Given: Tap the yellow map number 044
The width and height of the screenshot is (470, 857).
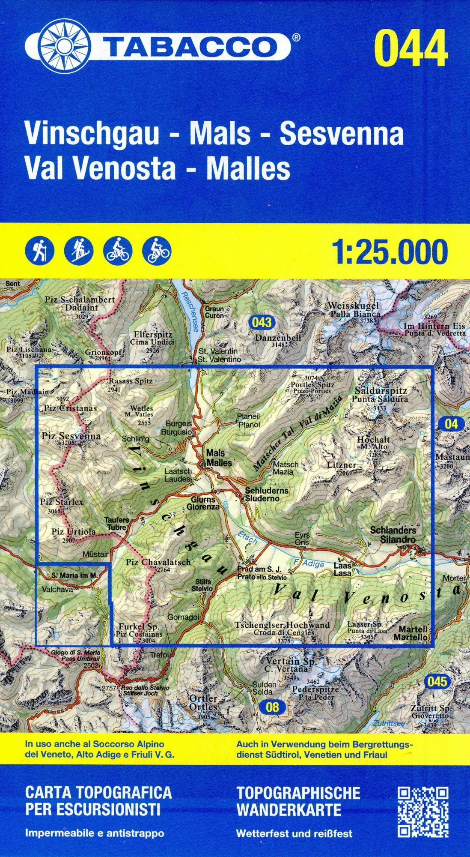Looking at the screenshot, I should click(x=411, y=48).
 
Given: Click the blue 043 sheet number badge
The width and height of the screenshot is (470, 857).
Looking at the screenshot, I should click(x=262, y=322).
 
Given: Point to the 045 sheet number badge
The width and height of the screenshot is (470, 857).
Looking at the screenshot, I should click(x=437, y=681).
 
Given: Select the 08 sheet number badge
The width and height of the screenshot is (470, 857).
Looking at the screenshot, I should click(x=272, y=707).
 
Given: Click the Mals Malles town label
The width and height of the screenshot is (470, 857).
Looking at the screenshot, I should click(x=219, y=458).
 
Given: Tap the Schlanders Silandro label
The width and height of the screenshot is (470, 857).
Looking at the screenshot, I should click(x=393, y=535).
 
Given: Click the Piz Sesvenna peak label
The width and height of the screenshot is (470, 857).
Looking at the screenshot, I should click(x=71, y=437).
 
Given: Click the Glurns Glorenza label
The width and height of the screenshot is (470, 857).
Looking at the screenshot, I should click(x=203, y=503).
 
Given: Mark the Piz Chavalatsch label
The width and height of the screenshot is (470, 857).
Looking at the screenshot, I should click(x=158, y=562).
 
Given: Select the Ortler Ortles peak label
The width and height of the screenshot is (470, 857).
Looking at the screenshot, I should click(x=203, y=703).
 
